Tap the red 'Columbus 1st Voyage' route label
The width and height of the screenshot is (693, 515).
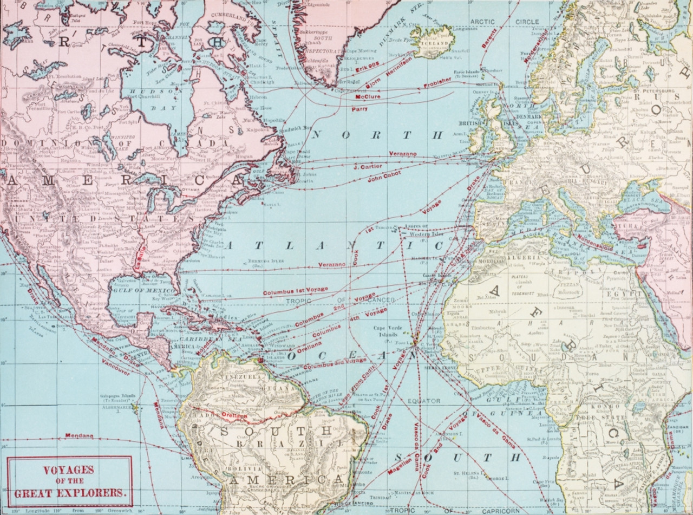(296, 291)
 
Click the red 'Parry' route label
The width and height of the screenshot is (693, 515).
(359, 109)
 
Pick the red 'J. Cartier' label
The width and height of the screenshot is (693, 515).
(368, 166)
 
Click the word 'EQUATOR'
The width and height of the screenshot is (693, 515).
(424, 401)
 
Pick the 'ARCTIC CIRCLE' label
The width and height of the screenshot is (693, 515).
(505, 22)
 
